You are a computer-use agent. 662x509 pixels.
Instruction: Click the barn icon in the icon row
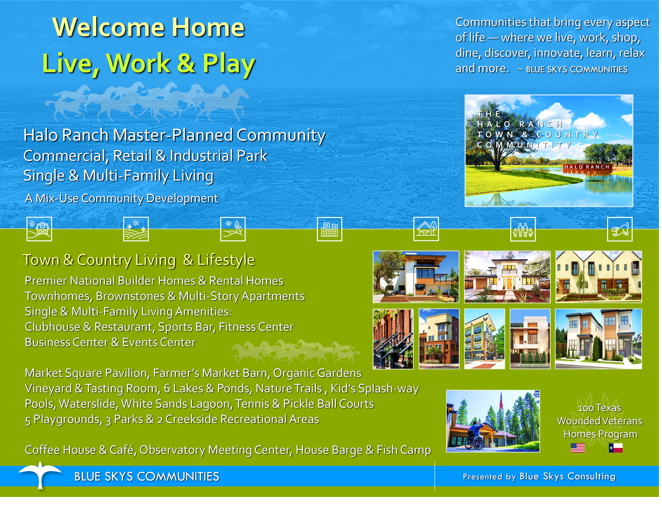click(39, 229)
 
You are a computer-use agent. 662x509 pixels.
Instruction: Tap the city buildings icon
click(330, 229)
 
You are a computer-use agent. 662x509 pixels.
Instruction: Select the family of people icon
click(523, 229)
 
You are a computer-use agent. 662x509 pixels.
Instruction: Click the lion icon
click(620, 229)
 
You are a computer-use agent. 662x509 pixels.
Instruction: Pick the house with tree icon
click(426, 229)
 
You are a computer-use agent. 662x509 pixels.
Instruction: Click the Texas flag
click(615, 448)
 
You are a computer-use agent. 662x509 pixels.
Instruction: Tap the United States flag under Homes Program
click(578, 448)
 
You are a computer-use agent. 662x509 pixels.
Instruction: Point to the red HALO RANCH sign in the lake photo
click(587, 167)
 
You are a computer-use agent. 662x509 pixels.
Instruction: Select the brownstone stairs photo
click(393, 339)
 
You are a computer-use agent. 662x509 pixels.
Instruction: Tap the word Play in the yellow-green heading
click(229, 64)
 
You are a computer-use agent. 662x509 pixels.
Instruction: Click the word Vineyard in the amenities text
click(49, 389)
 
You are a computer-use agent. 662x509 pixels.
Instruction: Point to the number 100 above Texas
click(586, 408)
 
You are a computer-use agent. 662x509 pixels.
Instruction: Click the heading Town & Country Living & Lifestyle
click(139, 260)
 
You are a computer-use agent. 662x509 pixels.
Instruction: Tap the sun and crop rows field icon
click(136, 229)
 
